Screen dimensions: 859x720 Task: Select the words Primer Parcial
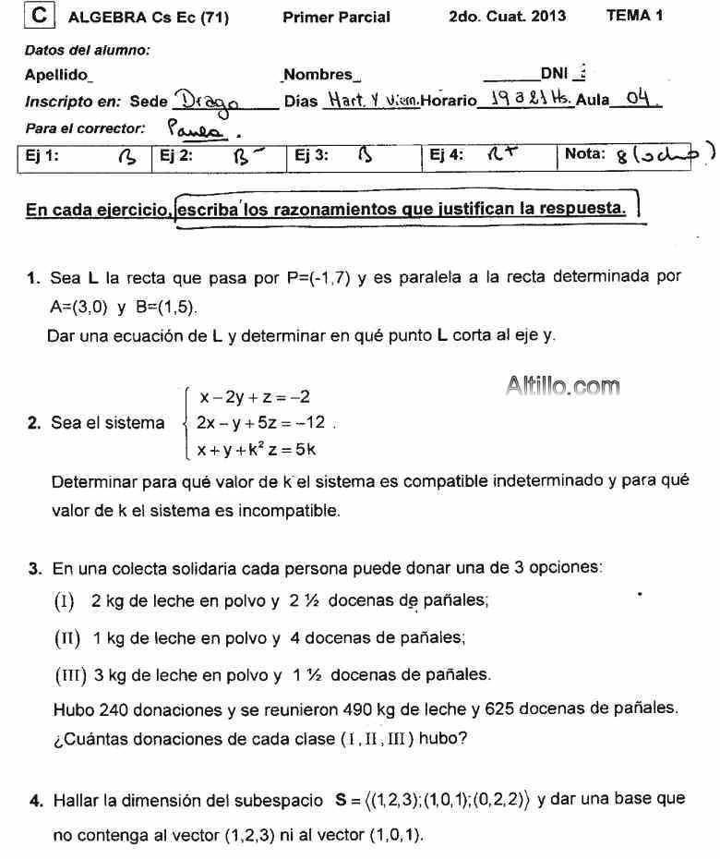pyautogui.click(x=336, y=17)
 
